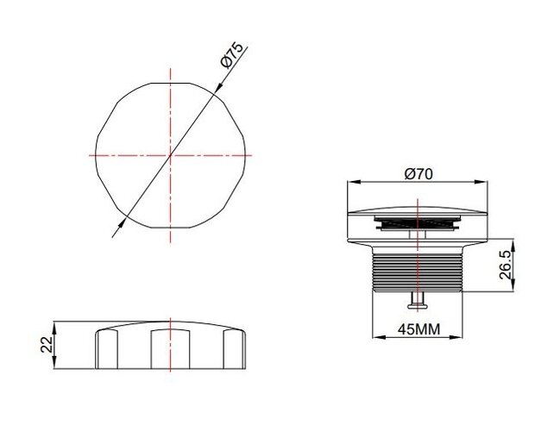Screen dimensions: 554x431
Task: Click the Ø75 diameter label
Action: point(232,54)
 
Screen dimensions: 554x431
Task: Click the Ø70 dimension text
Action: point(419,174)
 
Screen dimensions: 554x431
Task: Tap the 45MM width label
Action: point(419,329)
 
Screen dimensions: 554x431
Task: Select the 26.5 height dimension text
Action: point(506,265)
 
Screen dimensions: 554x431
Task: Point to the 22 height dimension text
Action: point(47,345)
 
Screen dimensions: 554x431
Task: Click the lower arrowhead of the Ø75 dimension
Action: point(122,224)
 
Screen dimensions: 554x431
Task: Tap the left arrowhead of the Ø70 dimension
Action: point(354,182)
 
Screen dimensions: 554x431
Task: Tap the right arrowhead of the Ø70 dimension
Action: point(482,182)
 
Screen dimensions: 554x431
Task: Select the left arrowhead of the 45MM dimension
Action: point(379,337)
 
